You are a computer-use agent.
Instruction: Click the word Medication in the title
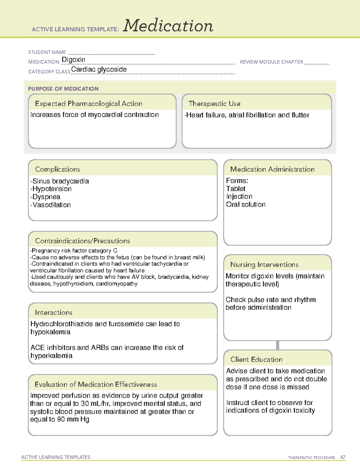[x=168, y=26]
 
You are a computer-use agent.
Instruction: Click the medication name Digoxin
[x=73, y=60]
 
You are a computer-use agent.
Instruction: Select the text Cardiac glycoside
[x=99, y=69]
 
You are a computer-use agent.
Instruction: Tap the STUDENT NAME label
[x=47, y=52]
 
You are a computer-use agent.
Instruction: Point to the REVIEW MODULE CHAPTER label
[x=271, y=62]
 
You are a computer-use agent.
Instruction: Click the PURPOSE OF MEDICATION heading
[x=63, y=89]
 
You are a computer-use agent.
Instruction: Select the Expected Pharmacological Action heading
[x=88, y=104]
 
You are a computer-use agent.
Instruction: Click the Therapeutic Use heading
[x=214, y=104]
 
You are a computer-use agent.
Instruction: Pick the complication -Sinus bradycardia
[x=59, y=181]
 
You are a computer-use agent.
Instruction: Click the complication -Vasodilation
[x=50, y=205]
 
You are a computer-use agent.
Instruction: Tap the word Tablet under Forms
[x=236, y=189]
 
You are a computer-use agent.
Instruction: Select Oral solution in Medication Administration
[x=246, y=204]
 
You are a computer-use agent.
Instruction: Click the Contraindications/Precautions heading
[x=82, y=241]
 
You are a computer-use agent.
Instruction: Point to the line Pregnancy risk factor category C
[x=74, y=251]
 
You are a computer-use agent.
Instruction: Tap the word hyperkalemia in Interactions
[x=51, y=356]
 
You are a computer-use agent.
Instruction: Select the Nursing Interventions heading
[x=264, y=265]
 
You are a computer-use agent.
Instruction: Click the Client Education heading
[x=256, y=359]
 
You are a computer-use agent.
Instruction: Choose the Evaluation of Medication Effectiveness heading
[x=96, y=384]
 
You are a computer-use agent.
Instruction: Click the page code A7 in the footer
[x=343, y=457]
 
